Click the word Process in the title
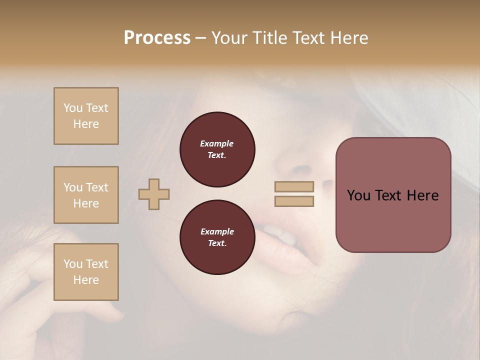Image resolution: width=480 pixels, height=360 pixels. click(157, 38)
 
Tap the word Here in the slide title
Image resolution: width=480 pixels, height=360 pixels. click(347, 38)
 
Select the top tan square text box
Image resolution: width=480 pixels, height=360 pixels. click(86, 116)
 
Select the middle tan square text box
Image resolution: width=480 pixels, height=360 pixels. click(86, 195)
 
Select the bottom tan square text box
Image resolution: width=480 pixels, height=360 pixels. click(86, 272)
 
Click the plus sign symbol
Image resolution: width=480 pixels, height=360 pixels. click(154, 194)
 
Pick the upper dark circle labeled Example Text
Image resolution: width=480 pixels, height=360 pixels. click(217, 149)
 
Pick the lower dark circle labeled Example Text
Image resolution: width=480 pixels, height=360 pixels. click(217, 237)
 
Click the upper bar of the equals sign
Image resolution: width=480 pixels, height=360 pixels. click(294, 186)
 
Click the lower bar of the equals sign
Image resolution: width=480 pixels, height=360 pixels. click(294, 201)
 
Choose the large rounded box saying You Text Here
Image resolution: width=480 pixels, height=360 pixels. click(393, 195)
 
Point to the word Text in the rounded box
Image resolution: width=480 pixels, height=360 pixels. click(388, 195)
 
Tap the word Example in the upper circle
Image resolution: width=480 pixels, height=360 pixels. click(217, 144)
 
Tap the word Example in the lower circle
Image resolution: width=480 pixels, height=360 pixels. click(217, 232)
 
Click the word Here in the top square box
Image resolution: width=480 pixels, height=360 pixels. click(86, 124)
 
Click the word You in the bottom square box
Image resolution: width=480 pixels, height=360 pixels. click(72, 264)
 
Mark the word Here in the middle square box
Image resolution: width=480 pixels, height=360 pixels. click(86, 203)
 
